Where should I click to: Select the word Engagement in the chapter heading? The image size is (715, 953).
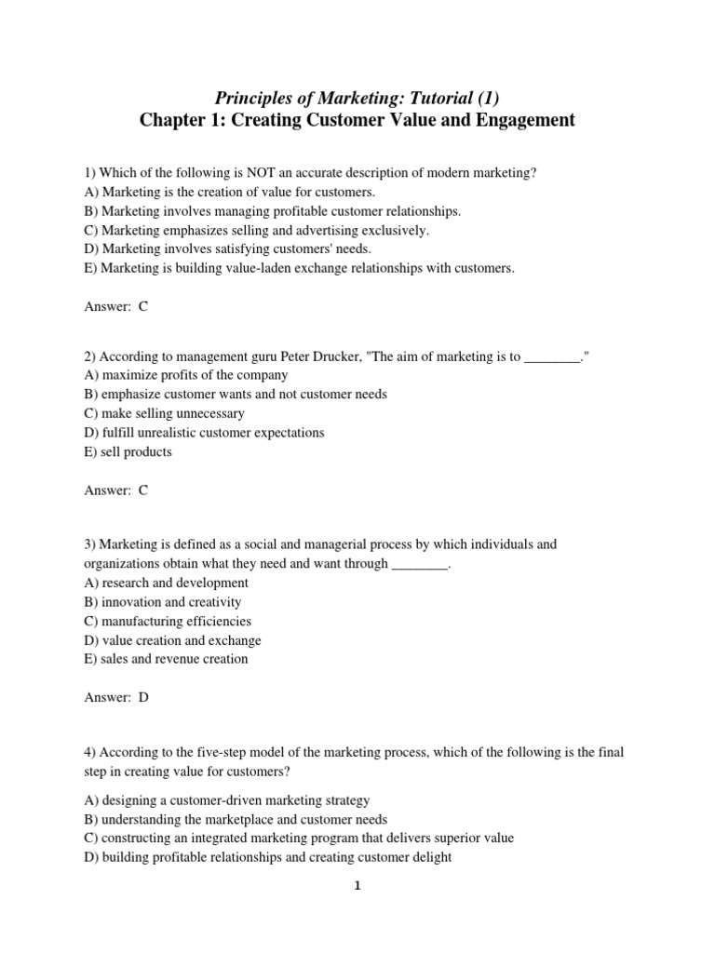click(x=519, y=120)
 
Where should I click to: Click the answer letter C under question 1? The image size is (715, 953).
click(x=143, y=306)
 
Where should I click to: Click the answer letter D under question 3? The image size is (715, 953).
click(x=143, y=697)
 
